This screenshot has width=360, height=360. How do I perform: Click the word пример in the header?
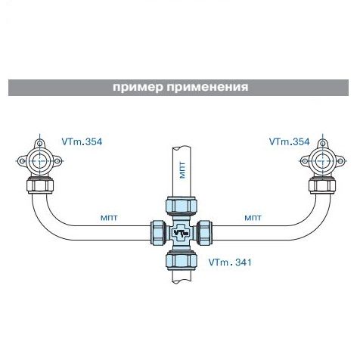pyautogui.click(x=138, y=88)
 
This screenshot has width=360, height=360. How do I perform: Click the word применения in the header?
pyautogui.click(x=207, y=88)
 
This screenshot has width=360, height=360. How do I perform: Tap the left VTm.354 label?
pyautogui.click(x=82, y=141)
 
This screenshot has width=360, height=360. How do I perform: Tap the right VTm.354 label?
pyautogui.click(x=289, y=141)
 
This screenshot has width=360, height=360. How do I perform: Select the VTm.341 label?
pyautogui.click(x=230, y=262)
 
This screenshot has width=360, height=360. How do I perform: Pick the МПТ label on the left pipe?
pyautogui.click(x=109, y=218)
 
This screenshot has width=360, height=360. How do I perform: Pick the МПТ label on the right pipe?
pyautogui.click(x=253, y=218)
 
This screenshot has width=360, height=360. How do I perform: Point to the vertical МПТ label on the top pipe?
pyautogui.click(x=183, y=170)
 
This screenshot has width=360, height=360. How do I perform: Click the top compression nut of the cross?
pyautogui.click(x=181, y=206)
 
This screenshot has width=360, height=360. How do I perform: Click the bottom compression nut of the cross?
pyautogui.click(x=181, y=260)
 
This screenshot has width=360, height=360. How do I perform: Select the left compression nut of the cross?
pyautogui.click(x=158, y=233)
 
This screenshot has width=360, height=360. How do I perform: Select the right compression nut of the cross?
pyautogui.click(x=204, y=233)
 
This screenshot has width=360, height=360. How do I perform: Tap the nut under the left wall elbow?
pyautogui.click(x=40, y=185)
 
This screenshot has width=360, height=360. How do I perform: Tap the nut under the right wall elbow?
pyautogui.click(x=322, y=185)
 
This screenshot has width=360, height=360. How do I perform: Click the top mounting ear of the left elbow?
pyautogui.click(x=39, y=144)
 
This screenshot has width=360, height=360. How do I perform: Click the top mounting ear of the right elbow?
pyautogui.click(x=322, y=144)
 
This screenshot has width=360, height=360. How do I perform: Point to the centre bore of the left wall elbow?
pyautogui.click(x=39, y=160)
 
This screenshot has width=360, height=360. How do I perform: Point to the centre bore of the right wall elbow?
pyautogui.click(x=322, y=160)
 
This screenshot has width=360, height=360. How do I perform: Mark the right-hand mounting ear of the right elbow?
pyautogui.click(x=340, y=161)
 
